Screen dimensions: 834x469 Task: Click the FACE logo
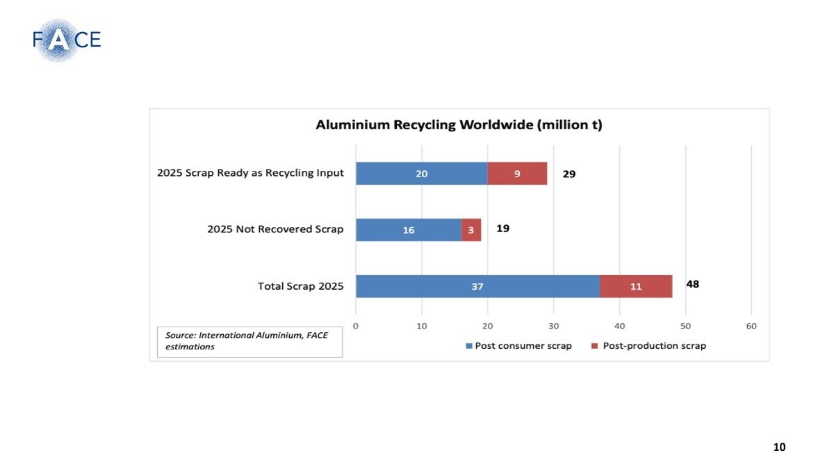(67, 40)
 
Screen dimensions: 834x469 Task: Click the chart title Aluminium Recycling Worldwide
(459, 124)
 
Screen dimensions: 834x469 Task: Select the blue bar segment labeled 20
(422, 174)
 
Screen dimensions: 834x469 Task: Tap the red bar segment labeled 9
(518, 174)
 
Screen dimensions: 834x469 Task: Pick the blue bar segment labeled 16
(409, 230)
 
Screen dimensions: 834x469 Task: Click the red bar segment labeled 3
(471, 230)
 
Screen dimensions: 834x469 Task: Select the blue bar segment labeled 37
(477, 286)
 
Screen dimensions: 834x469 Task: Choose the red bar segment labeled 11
(636, 286)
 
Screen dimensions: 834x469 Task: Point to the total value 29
(569, 174)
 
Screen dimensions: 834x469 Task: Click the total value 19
(502, 228)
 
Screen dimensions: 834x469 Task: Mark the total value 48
(692, 284)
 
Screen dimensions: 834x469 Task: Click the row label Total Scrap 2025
(300, 286)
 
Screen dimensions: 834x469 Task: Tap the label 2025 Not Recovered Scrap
(275, 229)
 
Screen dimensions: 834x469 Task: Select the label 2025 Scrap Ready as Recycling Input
(250, 173)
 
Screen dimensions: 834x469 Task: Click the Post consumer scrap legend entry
(518, 346)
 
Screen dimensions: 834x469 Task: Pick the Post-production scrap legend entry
(648, 346)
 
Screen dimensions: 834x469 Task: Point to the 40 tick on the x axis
(619, 326)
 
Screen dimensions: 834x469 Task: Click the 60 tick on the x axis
(751, 326)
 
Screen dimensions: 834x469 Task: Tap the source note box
(250, 342)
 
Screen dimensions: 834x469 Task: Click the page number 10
(779, 447)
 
